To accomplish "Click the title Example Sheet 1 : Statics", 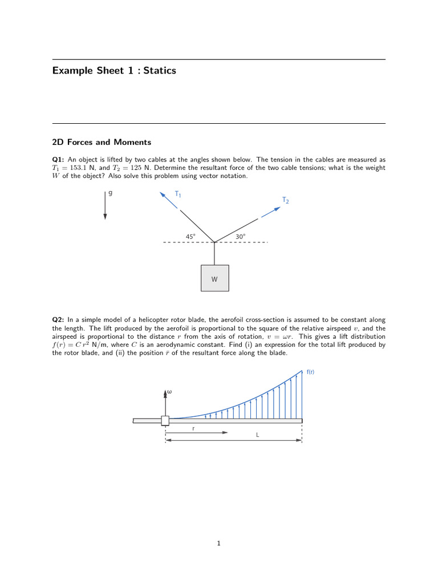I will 114,71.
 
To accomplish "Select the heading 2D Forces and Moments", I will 102,142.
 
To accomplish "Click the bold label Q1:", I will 59,160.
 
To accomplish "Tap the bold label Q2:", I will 59,321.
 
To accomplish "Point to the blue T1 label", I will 178,194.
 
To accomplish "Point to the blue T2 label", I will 285,200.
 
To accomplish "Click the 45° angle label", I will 190,236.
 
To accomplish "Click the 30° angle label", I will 240,236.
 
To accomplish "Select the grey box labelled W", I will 214,279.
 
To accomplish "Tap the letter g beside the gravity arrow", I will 110,193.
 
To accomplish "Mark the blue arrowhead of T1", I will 162,194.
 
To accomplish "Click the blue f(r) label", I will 310,372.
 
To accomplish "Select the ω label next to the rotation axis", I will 169,392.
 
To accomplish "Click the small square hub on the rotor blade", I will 165,421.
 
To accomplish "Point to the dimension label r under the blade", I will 193,428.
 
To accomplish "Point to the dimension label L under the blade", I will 257,435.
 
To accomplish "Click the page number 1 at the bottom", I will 218,544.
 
